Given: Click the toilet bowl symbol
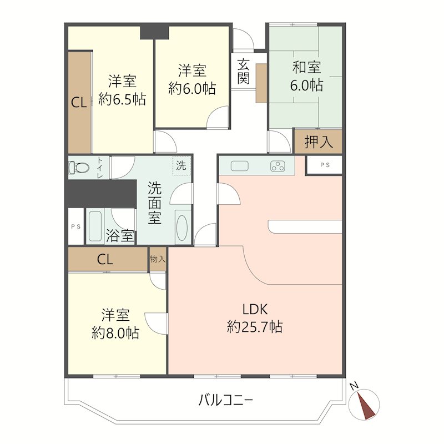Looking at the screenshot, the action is click(x=78, y=168).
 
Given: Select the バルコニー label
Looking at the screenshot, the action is click(x=225, y=400).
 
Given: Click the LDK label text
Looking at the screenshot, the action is click(x=255, y=309).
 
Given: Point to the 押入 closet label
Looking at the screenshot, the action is click(x=319, y=142).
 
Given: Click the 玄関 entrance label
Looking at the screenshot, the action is click(x=243, y=72).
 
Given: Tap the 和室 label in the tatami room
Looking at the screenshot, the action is click(x=307, y=67).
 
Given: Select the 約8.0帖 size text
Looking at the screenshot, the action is click(x=115, y=333).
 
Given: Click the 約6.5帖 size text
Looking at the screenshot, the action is click(x=122, y=99).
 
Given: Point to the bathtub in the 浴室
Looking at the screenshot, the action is click(x=95, y=226).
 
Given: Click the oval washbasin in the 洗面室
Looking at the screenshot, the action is click(x=181, y=228).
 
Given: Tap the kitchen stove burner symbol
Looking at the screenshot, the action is click(x=278, y=166).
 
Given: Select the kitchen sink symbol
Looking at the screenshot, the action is click(x=240, y=166).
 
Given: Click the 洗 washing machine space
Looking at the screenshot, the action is click(x=181, y=165).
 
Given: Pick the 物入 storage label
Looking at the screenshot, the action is click(x=158, y=259).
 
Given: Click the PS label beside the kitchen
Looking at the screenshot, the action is click(x=325, y=165).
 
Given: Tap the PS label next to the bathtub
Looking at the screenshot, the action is click(x=75, y=226).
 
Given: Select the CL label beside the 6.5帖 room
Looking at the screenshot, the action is click(x=79, y=103).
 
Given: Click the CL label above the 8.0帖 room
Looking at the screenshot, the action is click(x=105, y=259).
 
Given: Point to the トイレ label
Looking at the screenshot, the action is click(x=100, y=168).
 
